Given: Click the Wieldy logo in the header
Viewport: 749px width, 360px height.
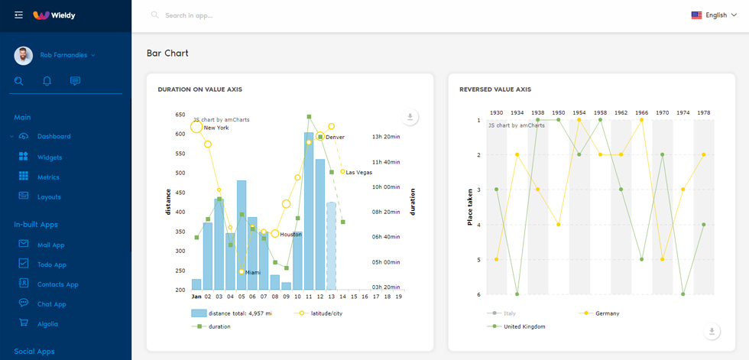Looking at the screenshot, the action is click(x=54, y=15).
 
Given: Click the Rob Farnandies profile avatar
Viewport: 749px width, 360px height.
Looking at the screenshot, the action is click(x=24, y=55).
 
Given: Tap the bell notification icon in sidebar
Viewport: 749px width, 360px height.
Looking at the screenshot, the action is click(x=47, y=81).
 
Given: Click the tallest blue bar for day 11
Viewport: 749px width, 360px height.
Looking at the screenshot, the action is click(x=309, y=211).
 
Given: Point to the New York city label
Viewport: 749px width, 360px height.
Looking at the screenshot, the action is click(x=216, y=128).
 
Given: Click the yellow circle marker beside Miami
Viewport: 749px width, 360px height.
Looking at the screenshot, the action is click(x=242, y=271).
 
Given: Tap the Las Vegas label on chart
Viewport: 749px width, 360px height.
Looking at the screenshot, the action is click(x=358, y=173).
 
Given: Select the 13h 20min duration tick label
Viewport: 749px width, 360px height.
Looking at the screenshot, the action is click(x=385, y=137).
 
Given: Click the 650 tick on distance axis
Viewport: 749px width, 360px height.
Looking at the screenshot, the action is click(x=180, y=115).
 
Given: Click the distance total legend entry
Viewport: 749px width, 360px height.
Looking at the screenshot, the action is click(x=232, y=313).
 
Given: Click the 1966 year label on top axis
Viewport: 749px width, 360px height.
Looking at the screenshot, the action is click(x=641, y=112).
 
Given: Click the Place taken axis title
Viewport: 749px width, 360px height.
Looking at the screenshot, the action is click(x=470, y=206).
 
